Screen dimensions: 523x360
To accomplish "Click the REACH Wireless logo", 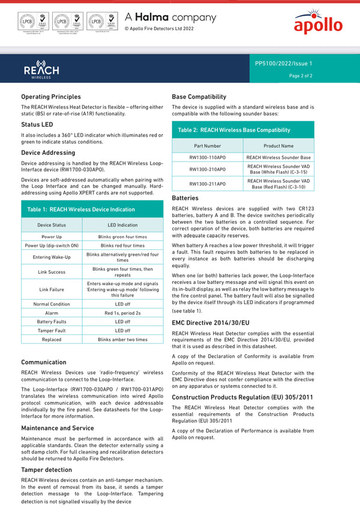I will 41,69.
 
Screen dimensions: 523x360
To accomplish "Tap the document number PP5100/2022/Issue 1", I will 283,63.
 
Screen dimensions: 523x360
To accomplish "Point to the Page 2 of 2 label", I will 301,76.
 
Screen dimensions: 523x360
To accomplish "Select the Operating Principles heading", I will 51,97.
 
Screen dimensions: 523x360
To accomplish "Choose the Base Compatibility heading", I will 199,97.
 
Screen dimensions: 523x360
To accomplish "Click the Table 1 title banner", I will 81,210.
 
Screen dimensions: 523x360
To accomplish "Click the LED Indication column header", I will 122,225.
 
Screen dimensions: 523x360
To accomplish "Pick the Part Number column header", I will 208,146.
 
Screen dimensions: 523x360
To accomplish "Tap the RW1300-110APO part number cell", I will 208,157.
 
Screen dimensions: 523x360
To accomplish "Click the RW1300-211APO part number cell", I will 208,184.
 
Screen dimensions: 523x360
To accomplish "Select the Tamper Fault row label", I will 52,330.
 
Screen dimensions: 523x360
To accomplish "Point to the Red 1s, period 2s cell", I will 122,313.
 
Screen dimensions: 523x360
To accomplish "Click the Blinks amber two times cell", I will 122,339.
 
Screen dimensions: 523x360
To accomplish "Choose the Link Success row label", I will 52,272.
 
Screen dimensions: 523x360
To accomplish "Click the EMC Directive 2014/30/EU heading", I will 211,323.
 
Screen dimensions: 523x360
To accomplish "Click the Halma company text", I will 170,18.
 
